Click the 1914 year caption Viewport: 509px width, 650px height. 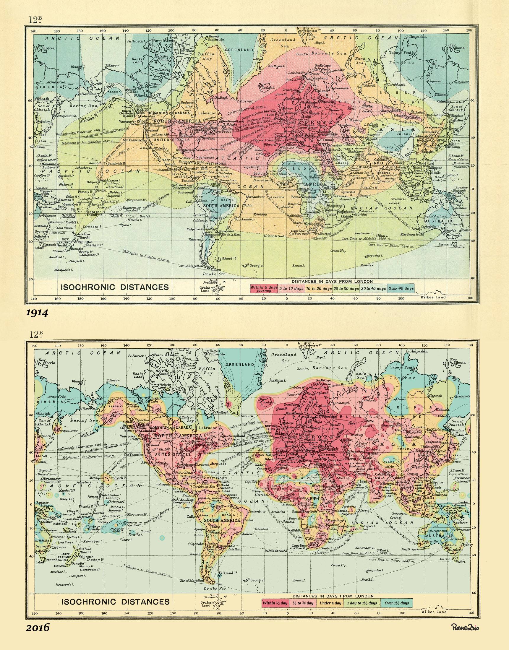coord(37,313)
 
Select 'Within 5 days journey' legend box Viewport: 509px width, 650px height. coord(264,289)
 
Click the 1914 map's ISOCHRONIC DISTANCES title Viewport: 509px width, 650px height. coord(115,287)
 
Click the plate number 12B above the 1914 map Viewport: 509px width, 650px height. coord(35,20)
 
